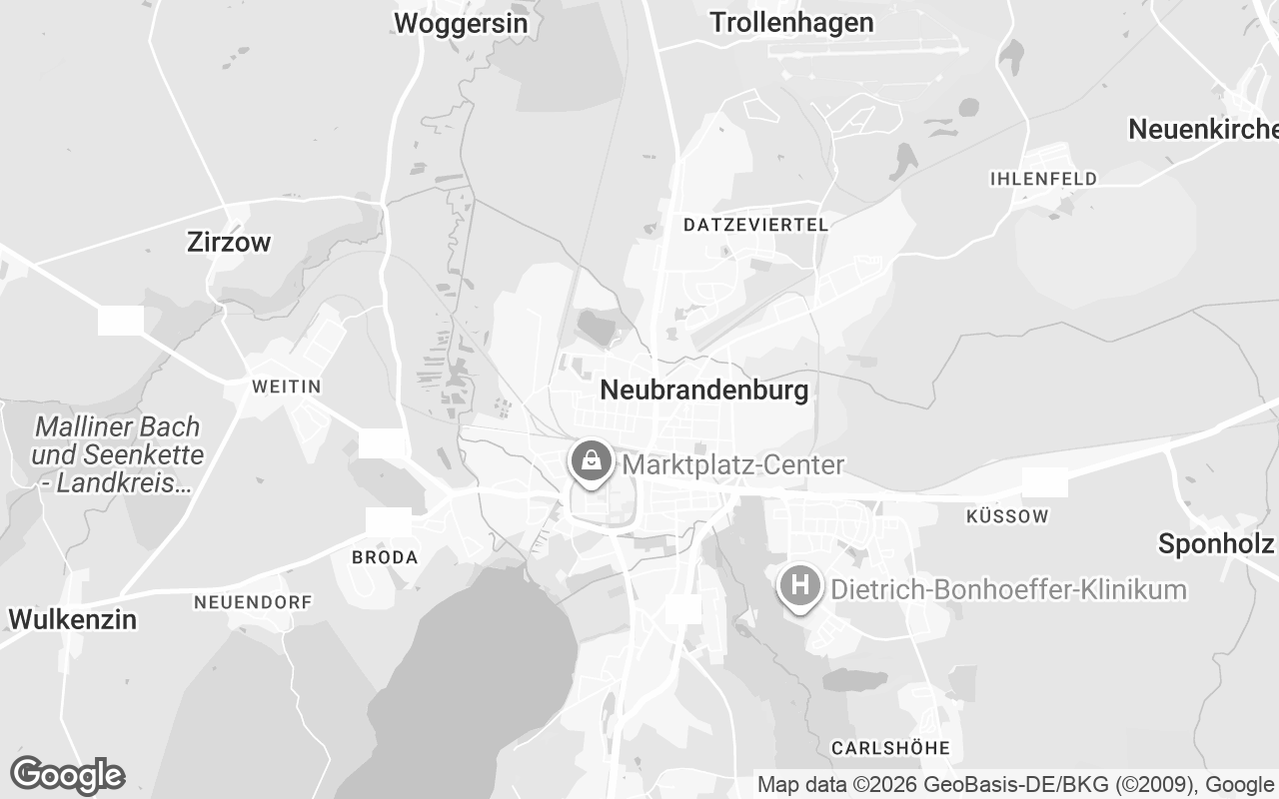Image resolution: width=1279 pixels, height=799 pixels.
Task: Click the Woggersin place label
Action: click(x=461, y=23)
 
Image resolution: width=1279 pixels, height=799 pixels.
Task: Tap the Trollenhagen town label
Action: click(x=791, y=22)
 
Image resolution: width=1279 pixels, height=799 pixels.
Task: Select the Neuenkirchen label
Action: click(x=1203, y=129)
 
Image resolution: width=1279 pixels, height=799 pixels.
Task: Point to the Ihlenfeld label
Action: click(x=1043, y=179)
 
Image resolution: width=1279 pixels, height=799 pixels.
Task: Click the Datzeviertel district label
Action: click(x=755, y=225)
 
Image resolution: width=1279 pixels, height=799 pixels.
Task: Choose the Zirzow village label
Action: click(x=229, y=242)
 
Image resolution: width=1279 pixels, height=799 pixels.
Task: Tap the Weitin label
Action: click(x=287, y=387)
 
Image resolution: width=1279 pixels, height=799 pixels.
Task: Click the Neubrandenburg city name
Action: click(x=704, y=390)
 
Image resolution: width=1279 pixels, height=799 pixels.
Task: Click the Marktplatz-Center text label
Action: click(x=733, y=465)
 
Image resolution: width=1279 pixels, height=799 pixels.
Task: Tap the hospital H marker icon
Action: click(x=799, y=585)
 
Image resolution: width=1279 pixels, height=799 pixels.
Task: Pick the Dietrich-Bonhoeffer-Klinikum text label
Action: click(x=1009, y=589)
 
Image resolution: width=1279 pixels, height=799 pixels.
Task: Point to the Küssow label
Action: click(x=1008, y=516)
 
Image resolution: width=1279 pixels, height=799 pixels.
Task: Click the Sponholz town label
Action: click(x=1215, y=543)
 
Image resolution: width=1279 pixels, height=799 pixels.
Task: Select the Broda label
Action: click(x=385, y=557)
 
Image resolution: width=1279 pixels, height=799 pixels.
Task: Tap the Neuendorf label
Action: click(x=253, y=602)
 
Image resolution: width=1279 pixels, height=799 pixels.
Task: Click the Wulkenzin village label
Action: click(x=72, y=619)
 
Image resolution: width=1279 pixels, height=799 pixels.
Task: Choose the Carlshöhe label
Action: click(x=890, y=748)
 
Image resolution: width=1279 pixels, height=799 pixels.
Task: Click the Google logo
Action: click(x=67, y=775)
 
